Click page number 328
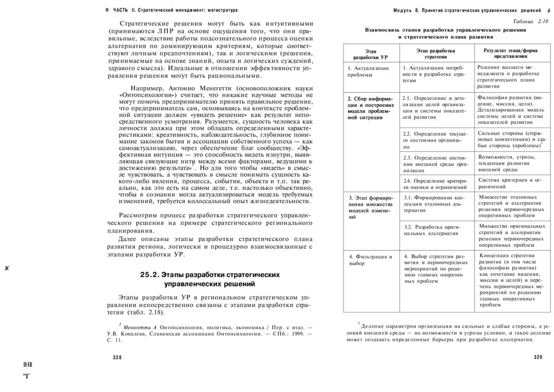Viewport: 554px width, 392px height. [117, 358]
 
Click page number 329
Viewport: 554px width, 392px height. [538, 357]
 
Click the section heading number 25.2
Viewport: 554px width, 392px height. [149, 275]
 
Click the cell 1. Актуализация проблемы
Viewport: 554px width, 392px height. [368, 72]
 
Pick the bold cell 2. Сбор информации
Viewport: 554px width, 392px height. [370, 108]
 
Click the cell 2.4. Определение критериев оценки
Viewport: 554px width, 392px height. [435, 184]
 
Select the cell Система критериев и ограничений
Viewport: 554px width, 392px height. [509, 183]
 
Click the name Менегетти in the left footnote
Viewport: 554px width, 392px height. [139, 328]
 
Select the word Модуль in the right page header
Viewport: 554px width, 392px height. [404, 11]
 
